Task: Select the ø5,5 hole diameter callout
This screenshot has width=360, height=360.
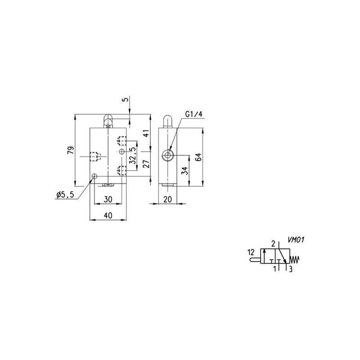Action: [65, 194]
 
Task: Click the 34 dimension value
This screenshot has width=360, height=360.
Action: [184, 171]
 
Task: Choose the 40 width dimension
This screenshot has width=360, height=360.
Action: [108, 215]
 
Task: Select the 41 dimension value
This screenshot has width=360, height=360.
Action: [145, 133]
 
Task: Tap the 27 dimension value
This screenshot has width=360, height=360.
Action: [145, 164]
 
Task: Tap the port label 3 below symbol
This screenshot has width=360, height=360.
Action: [291, 270]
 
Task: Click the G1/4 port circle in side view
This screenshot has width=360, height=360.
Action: [168, 156]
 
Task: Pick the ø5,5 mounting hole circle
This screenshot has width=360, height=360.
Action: [94, 176]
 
